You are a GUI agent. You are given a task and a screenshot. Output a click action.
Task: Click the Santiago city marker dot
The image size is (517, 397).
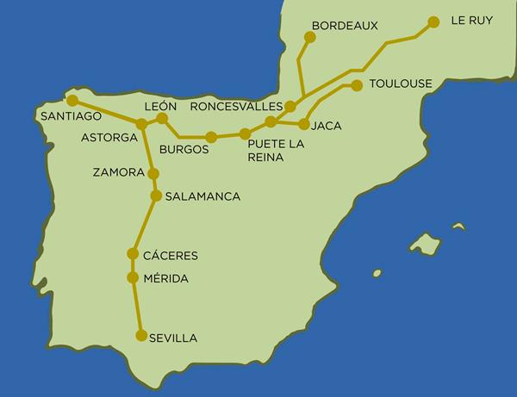click(x=72, y=101)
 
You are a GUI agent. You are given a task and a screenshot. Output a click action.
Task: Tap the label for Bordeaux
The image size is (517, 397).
click(x=345, y=26)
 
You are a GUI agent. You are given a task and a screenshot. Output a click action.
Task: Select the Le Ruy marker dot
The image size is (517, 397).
click(x=433, y=22)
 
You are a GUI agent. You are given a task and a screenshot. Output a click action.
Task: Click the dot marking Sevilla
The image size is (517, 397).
click(x=141, y=337)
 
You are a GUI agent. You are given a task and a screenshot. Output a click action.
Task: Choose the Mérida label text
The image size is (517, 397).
click(x=168, y=278)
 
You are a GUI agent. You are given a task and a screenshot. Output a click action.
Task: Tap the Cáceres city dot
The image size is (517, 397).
click(x=133, y=254)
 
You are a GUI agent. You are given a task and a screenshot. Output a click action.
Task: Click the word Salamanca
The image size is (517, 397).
click(x=202, y=196)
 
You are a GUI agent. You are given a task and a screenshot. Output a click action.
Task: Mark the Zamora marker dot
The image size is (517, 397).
click(x=153, y=173)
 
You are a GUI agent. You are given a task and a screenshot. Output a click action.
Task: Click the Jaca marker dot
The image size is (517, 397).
click(x=303, y=125)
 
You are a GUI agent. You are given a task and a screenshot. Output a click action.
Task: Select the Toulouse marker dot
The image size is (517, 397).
click(x=357, y=84)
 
